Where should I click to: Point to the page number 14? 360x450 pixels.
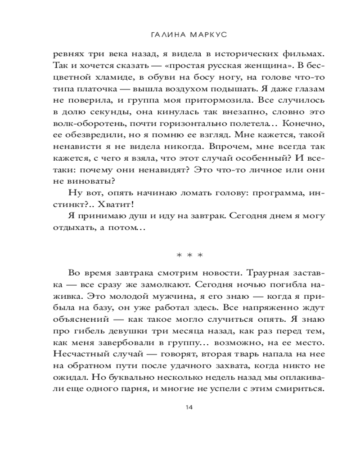click(189, 407)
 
